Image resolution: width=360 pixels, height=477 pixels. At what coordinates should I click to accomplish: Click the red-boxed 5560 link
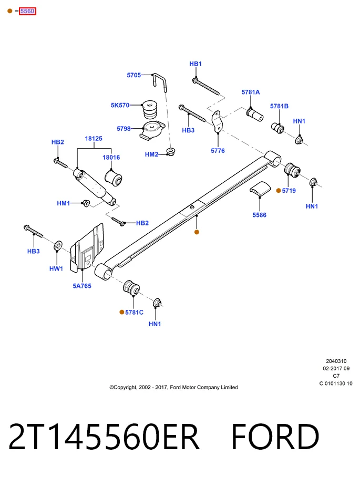[x=27, y=11]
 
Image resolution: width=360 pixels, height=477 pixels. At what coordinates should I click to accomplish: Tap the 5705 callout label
[x=134, y=75]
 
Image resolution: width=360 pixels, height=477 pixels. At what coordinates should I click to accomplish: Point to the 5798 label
[x=124, y=129]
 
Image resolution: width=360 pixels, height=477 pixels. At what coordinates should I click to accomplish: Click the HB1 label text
[x=196, y=64]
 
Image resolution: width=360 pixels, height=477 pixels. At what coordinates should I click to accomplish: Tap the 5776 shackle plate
[x=217, y=121]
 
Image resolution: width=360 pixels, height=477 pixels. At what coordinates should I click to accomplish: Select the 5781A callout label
[x=251, y=92]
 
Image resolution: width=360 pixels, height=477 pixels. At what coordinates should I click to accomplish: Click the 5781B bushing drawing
[x=277, y=128]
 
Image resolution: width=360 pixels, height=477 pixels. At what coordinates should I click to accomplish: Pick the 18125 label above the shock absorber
[x=94, y=138]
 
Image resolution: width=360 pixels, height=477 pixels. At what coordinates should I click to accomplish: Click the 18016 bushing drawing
[x=114, y=178]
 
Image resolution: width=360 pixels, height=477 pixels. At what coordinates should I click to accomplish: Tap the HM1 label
[x=64, y=203]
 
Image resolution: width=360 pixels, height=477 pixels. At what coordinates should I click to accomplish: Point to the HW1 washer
[x=58, y=245]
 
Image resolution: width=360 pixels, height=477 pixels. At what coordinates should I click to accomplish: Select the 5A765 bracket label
[x=82, y=286]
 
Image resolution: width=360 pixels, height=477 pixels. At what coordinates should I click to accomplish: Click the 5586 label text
[x=259, y=215]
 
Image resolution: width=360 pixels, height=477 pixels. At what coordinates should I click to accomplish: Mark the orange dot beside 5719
[x=279, y=191]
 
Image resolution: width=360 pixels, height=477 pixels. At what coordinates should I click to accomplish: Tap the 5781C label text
[x=134, y=313]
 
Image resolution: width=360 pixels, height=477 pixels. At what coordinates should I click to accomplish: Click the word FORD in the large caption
[x=275, y=437]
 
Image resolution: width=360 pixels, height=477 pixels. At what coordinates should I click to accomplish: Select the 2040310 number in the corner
[x=336, y=361]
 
